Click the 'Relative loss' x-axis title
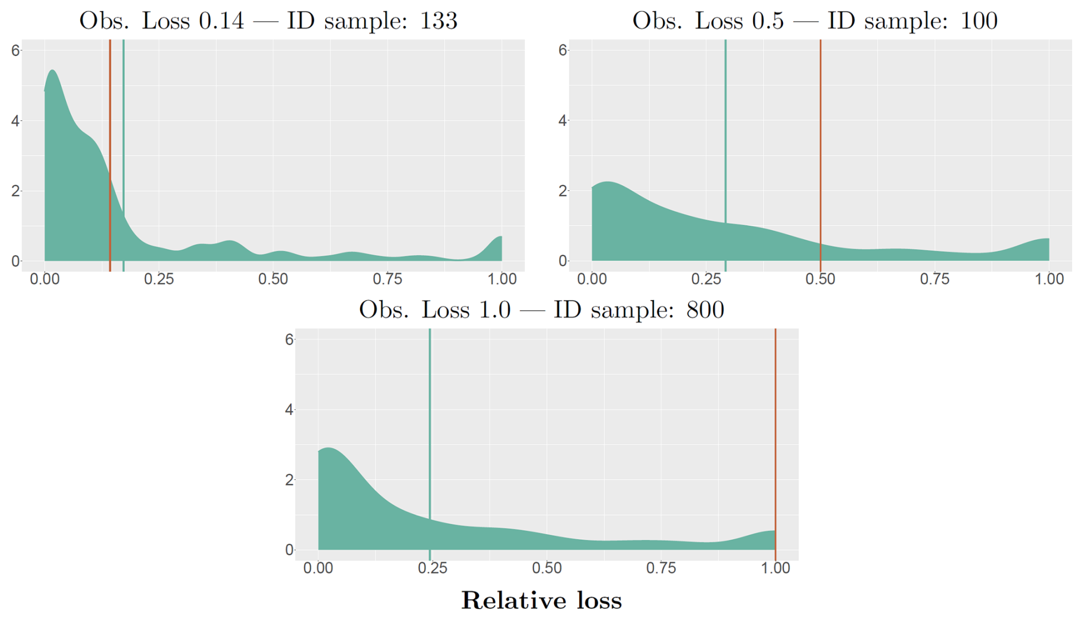pyautogui.click(x=541, y=601)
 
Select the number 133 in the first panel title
pyautogui.click(x=438, y=21)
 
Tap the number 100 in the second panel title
pyautogui.click(x=979, y=21)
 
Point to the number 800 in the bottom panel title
pyautogui.click(x=705, y=310)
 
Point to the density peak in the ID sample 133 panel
pyautogui.click(x=53, y=71)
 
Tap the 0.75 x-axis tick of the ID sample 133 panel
pyautogui.click(x=388, y=279)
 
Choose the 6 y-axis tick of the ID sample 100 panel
pyautogui.click(x=563, y=50)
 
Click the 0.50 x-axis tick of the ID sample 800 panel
pyautogui.click(x=547, y=568)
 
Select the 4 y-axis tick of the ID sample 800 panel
pyautogui.click(x=289, y=410)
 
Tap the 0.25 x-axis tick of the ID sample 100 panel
pyautogui.click(x=706, y=279)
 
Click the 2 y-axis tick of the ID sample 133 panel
pyautogui.click(x=15, y=191)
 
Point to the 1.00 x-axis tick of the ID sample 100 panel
pyautogui.click(x=1049, y=279)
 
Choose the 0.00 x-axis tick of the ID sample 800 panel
pyautogui.click(x=318, y=568)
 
